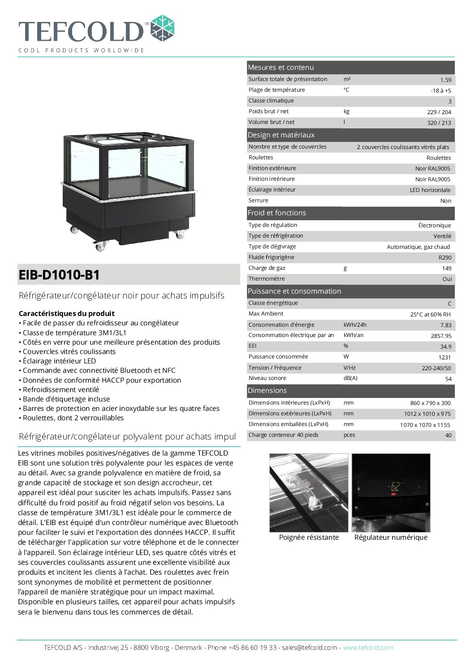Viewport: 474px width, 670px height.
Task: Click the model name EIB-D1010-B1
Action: (59, 275)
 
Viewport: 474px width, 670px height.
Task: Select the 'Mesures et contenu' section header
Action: (281, 68)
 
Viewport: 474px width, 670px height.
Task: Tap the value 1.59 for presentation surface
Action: (445, 80)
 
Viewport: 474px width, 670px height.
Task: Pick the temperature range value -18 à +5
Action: (441, 91)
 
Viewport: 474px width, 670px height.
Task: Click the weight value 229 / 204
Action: (439, 112)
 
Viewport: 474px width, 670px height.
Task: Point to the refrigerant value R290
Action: (445, 258)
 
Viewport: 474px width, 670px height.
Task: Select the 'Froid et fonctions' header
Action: (277, 213)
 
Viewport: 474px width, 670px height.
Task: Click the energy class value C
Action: (449, 304)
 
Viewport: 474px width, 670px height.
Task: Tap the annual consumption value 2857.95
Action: (441, 336)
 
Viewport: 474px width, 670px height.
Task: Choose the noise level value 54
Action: (448, 379)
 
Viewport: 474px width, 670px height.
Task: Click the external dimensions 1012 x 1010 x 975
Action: (427, 414)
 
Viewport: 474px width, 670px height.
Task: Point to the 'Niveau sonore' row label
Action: (267, 378)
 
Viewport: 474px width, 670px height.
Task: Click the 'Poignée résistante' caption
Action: (309, 538)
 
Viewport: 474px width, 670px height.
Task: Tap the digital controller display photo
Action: (391, 492)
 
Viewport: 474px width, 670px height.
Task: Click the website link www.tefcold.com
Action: (368, 648)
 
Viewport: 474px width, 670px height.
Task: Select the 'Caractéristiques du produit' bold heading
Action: (67, 314)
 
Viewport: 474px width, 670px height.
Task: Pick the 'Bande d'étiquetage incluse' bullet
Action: (66, 399)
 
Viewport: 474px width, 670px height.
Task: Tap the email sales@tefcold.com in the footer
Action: (309, 648)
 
